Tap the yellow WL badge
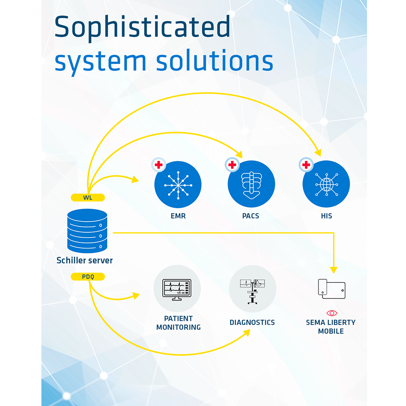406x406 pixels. tap(88, 198)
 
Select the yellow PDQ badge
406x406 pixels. tap(88, 277)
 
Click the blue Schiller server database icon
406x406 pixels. tap(87, 231)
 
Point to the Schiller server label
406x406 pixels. tap(84, 260)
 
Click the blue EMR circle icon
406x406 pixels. tap(178, 184)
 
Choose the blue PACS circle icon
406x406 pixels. tap(251, 184)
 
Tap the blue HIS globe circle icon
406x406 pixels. tap(326, 184)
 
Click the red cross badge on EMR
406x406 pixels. tap(159, 165)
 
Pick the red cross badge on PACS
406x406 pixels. tap(232, 165)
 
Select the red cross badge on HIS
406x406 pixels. tap(306, 165)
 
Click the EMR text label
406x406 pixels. tap(178, 216)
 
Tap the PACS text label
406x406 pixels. tap(251, 216)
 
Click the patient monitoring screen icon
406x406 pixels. tap(177, 289)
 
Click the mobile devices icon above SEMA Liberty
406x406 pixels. tap(331, 289)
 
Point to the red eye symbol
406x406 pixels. tap(332, 313)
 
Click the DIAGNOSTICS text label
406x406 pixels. tap(252, 322)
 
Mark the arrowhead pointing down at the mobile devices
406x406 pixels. tap(334, 270)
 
